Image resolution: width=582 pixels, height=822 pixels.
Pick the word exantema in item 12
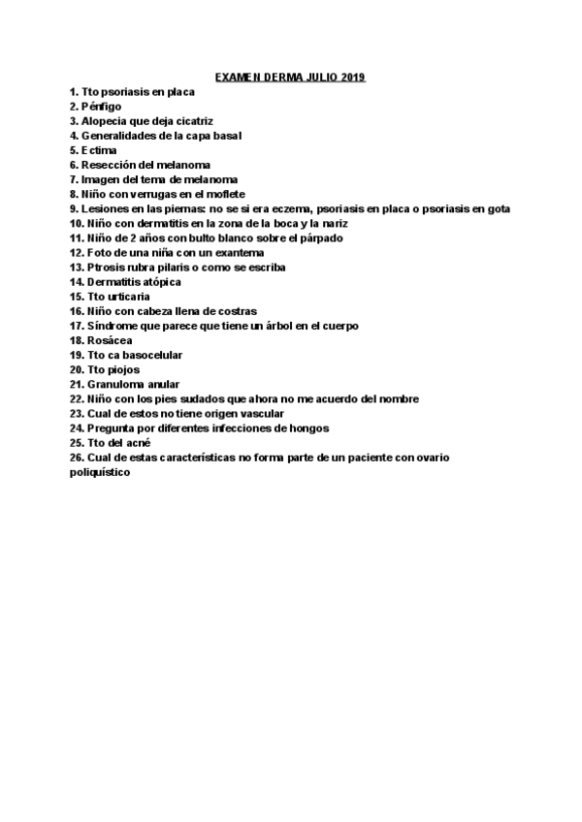coord(238,253)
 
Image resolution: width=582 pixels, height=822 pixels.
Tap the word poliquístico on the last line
coord(100,473)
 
